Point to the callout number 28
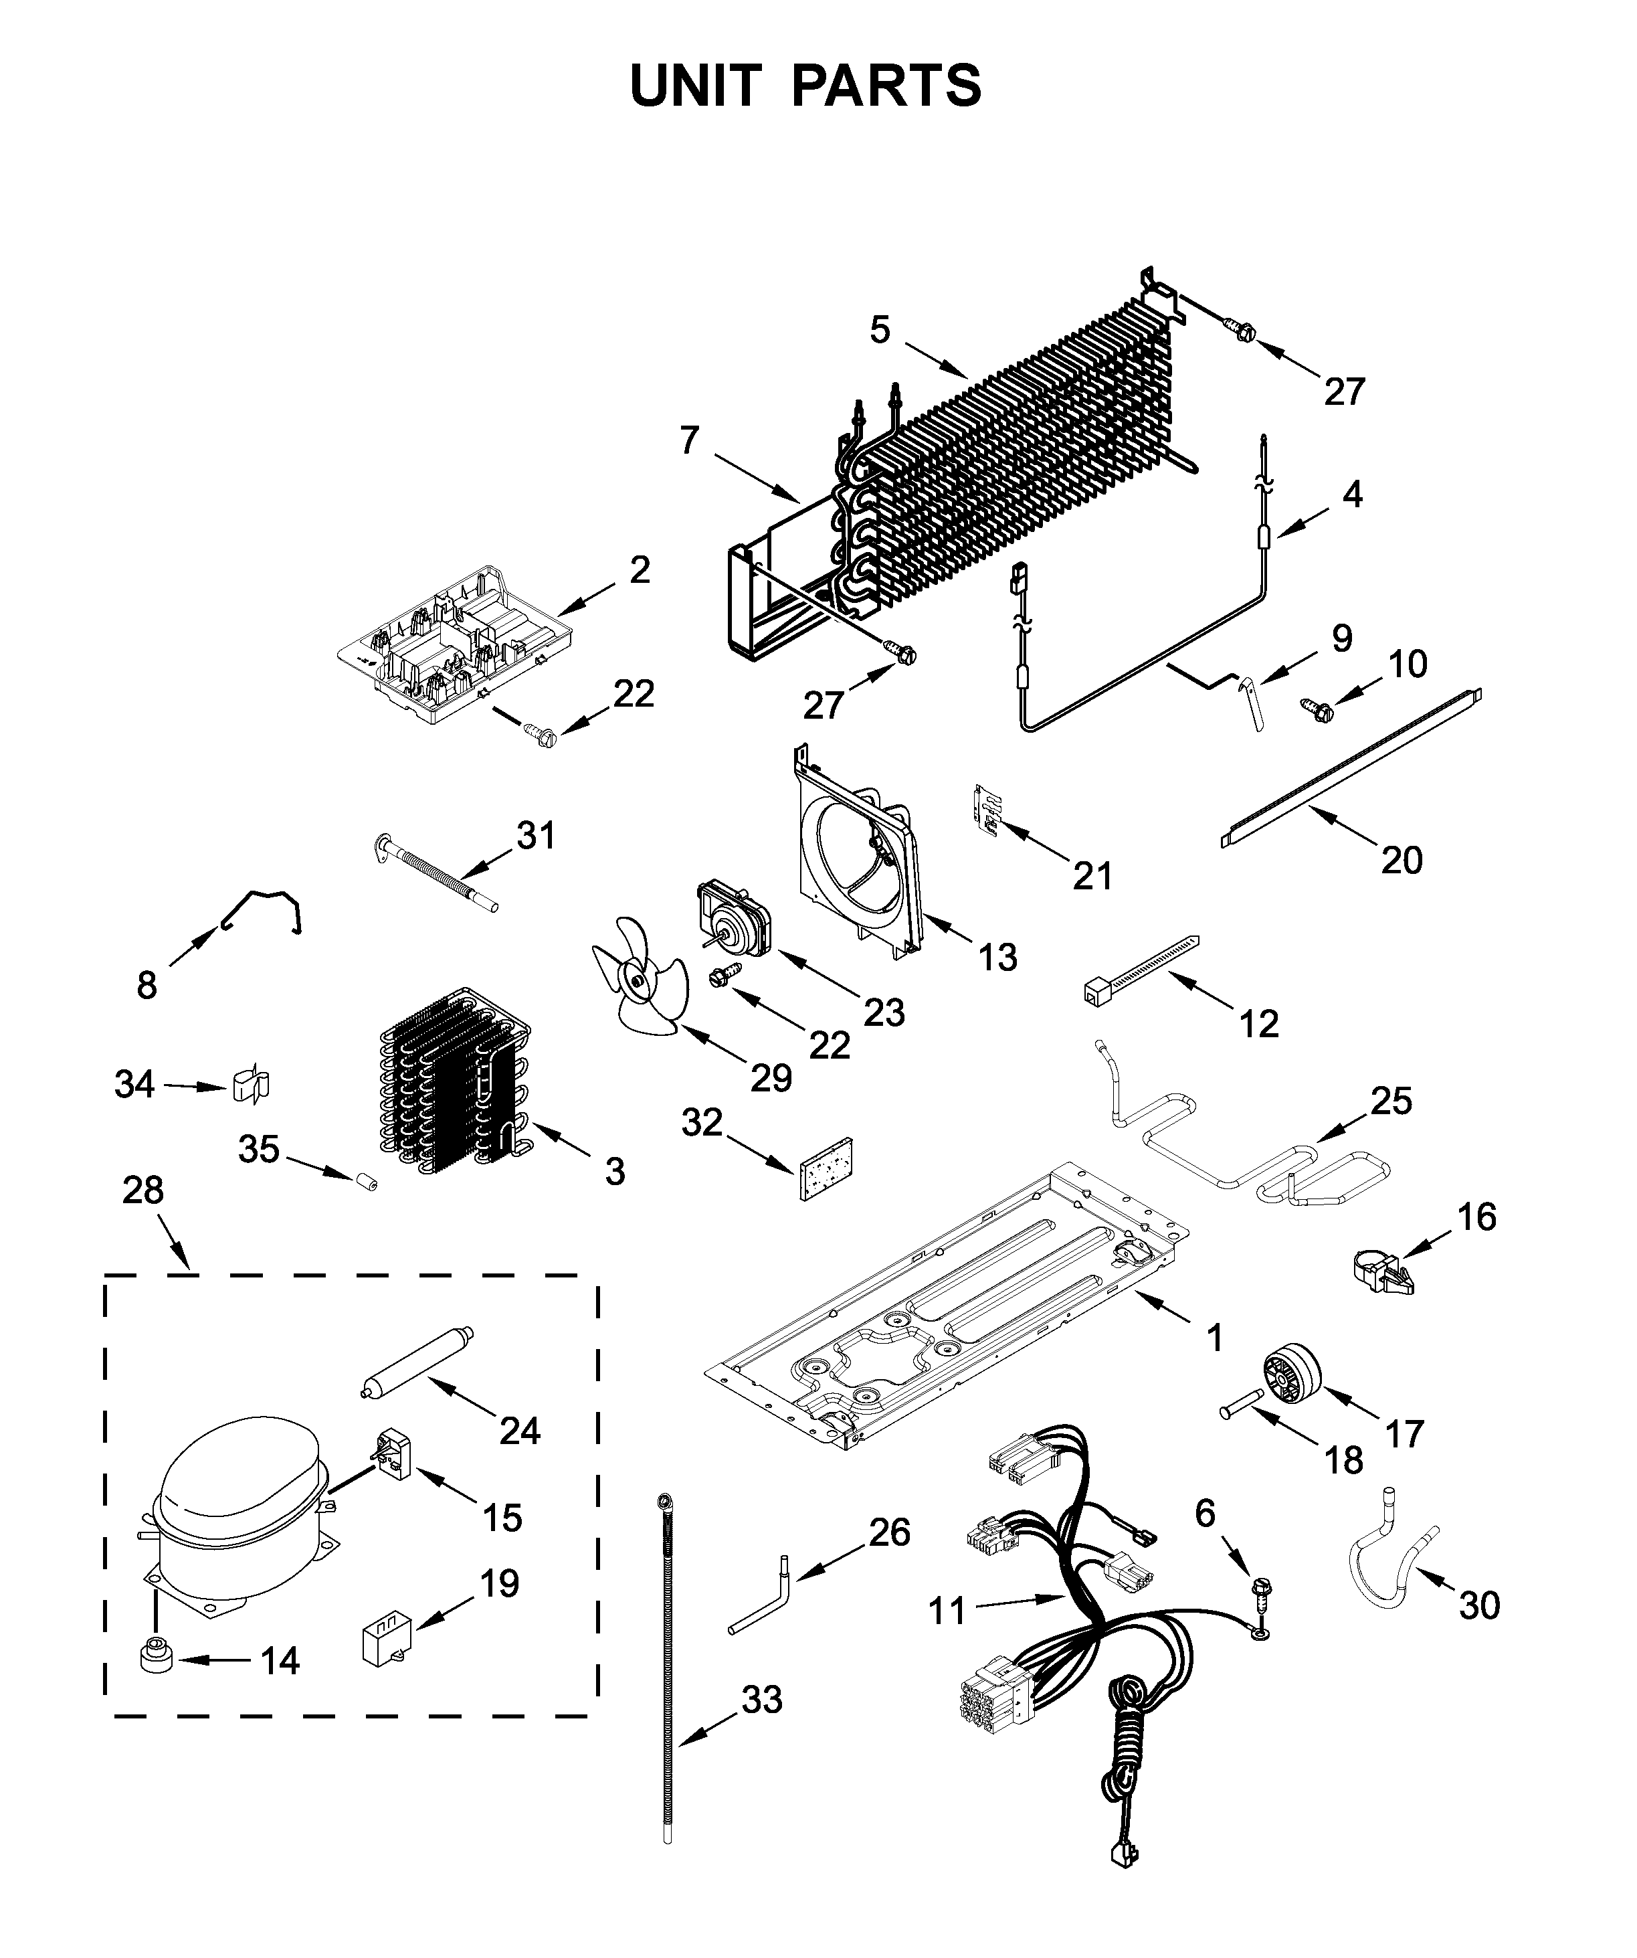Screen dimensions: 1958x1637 pyautogui.click(x=142, y=1190)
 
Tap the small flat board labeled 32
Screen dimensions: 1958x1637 pyautogui.click(x=827, y=1167)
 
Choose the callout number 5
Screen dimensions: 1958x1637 pyautogui.click(x=880, y=330)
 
